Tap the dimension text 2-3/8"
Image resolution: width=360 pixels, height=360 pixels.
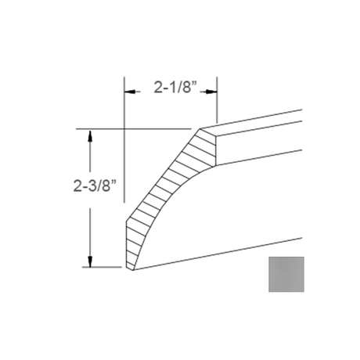coord(95,185)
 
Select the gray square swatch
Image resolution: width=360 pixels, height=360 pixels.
coord(286,274)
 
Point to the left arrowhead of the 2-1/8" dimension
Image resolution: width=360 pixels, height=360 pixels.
coord(130,92)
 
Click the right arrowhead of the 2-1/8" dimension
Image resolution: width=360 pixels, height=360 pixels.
coord(211,92)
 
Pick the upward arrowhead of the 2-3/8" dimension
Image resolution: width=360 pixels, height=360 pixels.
coord(90,135)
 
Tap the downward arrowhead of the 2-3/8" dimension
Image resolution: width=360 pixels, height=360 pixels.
coord(90,261)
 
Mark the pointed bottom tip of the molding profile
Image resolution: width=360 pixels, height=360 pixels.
coord(133,270)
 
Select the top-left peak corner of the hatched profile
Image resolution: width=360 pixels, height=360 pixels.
coord(200,128)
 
